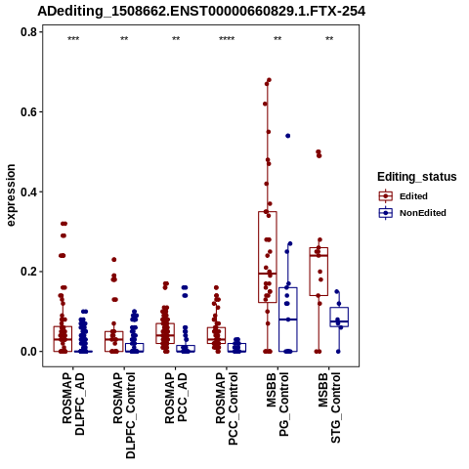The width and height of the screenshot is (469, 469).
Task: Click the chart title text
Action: tap(201, 12)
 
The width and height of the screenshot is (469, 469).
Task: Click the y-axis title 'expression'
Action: tap(11, 195)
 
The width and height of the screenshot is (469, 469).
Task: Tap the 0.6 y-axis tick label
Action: tap(29, 111)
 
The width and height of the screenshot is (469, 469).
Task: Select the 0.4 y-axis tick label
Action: tap(29, 192)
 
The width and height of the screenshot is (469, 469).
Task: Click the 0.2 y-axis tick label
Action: tap(29, 272)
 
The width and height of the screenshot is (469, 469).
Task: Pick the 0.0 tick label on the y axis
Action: tap(29, 352)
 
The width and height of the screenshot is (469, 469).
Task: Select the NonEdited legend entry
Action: tap(412, 213)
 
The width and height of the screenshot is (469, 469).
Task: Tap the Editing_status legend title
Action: tap(417, 177)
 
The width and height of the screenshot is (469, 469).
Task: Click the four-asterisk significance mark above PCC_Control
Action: tap(227, 38)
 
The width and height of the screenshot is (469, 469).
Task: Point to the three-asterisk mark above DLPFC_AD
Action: tap(73, 38)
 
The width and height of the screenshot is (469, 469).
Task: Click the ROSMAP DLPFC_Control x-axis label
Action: tap(124, 415)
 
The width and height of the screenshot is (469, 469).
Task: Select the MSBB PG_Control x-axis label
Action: tap(277, 405)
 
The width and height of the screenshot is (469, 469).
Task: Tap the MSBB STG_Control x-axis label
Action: tap(329, 407)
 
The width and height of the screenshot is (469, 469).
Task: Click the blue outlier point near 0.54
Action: tap(288, 136)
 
